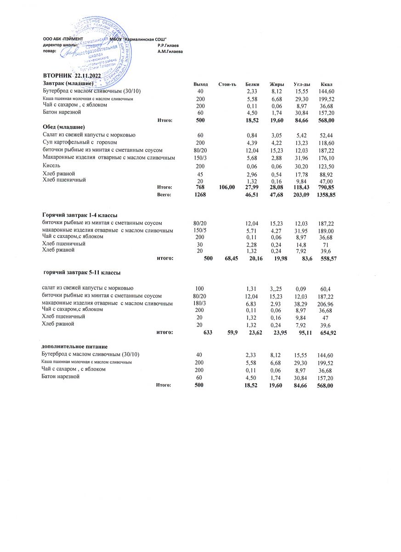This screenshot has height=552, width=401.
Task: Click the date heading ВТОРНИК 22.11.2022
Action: pyautogui.click(x=72, y=75)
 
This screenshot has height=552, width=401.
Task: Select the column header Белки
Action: pyautogui.click(x=252, y=84)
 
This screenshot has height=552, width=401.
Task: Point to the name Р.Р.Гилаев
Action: pyautogui.click(x=168, y=45)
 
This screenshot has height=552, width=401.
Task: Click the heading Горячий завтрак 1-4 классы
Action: pyautogui.click(x=79, y=215)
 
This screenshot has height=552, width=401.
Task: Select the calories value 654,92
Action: pyautogui.click(x=328, y=333)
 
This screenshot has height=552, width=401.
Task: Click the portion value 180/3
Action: pyautogui.click(x=200, y=304)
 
